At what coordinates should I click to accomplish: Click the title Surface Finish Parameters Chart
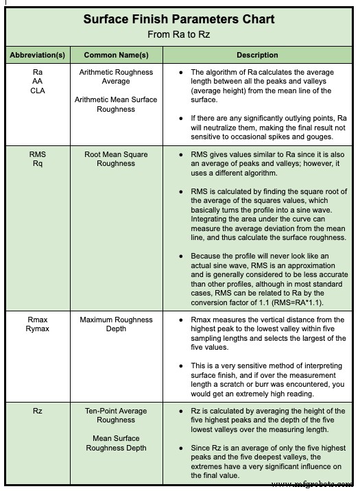click(179, 19)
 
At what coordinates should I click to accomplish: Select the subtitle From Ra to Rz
click(179, 34)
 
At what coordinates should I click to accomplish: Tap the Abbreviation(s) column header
click(38, 55)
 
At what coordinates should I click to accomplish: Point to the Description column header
click(257, 55)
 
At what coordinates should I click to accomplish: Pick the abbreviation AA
click(38, 81)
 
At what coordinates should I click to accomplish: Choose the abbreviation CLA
click(38, 91)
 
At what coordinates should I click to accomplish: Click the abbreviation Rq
click(38, 164)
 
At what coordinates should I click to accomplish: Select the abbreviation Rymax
click(38, 329)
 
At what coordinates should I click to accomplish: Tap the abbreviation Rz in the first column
click(38, 411)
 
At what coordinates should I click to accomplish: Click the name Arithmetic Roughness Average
click(116, 76)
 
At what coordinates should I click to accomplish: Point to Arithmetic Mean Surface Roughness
click(116, 104)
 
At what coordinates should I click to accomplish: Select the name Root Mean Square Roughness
click(116, 159)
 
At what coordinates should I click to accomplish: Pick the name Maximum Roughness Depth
click(116, 324)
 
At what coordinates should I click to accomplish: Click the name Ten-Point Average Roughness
click(116, 416)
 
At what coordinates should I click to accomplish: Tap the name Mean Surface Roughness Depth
click(116, 443)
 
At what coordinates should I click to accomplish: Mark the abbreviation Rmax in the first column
click(38, 320)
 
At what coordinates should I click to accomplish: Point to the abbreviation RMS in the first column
click(38, 155)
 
